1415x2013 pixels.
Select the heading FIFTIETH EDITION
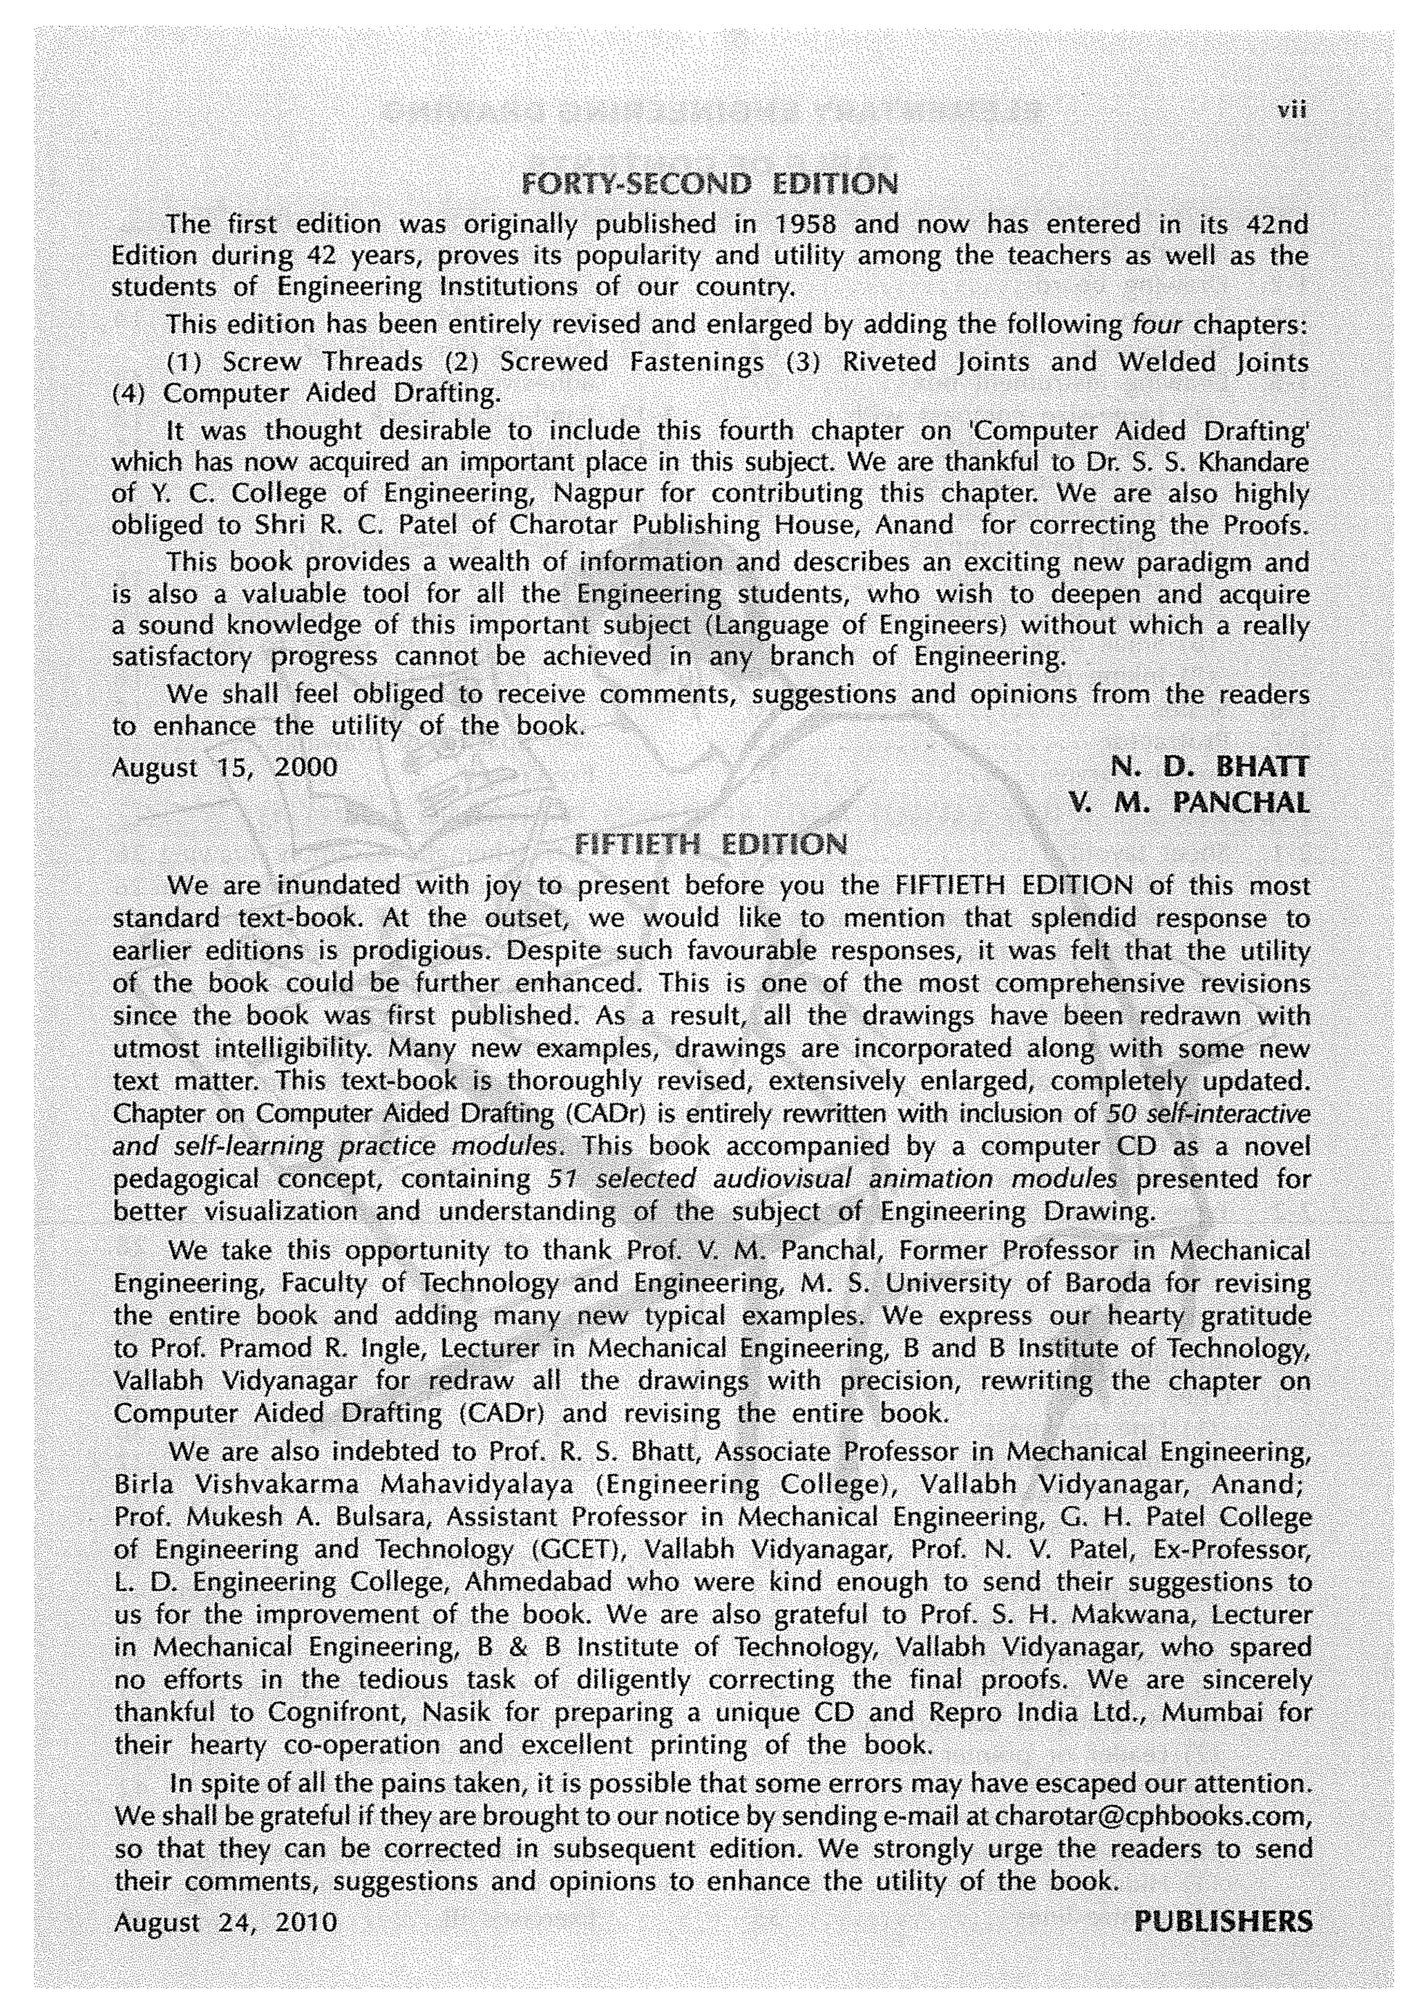click(x=708, y=844)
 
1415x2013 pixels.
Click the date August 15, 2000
click(x=225, y=768)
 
